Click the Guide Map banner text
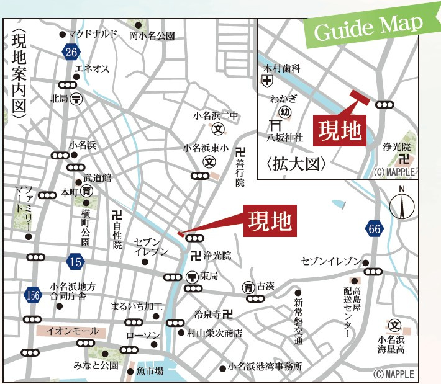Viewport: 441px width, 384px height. pos(368,28)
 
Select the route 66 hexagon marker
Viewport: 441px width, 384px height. pos(373,229)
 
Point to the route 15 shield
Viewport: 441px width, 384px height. pos(75,262)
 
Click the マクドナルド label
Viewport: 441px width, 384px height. pos(93,33)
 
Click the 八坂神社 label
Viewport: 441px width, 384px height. pos(285,138)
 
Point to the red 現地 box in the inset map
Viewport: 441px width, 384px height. pos(339,130)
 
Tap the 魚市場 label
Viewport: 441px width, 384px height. pos(150,371)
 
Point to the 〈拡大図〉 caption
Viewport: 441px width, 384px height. pos(296,164)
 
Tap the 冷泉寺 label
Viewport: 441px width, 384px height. pos(208,313)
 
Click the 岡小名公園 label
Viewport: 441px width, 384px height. pos(152,36)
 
